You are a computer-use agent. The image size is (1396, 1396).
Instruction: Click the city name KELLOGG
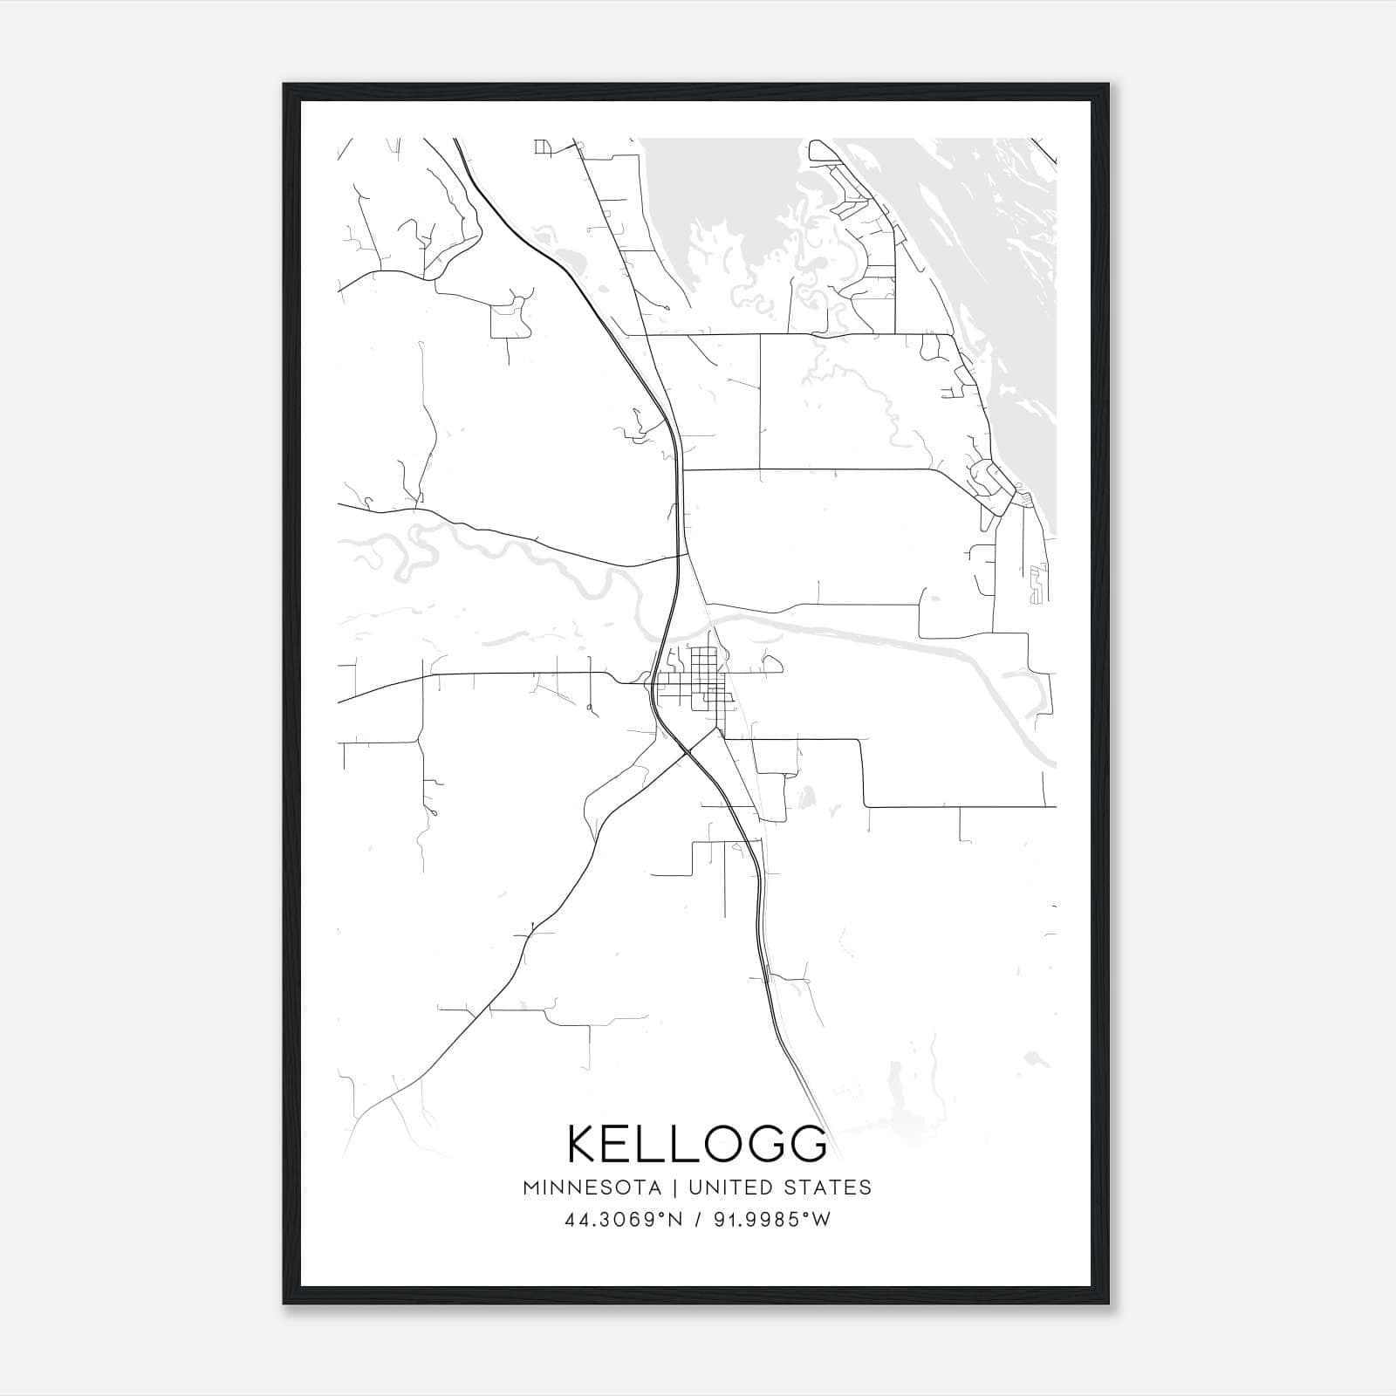pos(697,1143)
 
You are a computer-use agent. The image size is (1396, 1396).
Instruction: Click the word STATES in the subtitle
pos(826,1187)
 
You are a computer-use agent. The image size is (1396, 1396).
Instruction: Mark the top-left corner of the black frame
pos(284,85)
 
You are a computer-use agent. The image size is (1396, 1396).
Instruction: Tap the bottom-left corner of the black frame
pos(284,1304)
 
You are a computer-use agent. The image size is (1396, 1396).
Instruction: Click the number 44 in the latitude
pos(576,1220)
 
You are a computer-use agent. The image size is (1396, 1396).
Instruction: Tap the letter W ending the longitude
pos(822,1220)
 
